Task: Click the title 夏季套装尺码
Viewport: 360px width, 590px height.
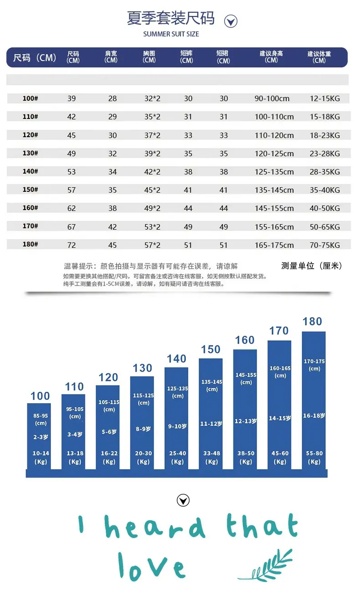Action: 171,18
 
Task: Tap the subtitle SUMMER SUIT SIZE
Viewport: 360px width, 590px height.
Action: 171,34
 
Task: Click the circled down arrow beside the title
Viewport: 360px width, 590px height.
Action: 231,21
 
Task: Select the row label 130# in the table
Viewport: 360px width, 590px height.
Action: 31,153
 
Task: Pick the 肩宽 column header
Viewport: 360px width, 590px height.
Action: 111,57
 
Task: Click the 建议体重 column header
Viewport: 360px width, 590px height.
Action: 319,57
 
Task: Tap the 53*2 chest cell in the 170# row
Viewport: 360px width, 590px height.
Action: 152,227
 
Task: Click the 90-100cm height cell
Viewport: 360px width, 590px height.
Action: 272,98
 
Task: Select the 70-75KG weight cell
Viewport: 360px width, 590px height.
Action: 325,245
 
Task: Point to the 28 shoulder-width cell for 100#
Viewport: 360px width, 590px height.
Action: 113,98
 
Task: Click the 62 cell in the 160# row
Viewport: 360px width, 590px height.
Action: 72,208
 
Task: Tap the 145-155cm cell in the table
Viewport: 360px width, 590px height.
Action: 274,208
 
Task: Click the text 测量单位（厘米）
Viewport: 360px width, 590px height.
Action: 312,266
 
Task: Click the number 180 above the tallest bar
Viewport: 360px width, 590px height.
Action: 312,322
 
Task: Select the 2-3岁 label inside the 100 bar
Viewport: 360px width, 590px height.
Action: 41,437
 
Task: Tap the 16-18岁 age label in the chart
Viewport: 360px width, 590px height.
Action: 314,416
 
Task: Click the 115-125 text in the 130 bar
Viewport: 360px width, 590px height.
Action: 144,395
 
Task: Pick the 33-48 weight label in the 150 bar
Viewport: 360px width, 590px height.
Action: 211,453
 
